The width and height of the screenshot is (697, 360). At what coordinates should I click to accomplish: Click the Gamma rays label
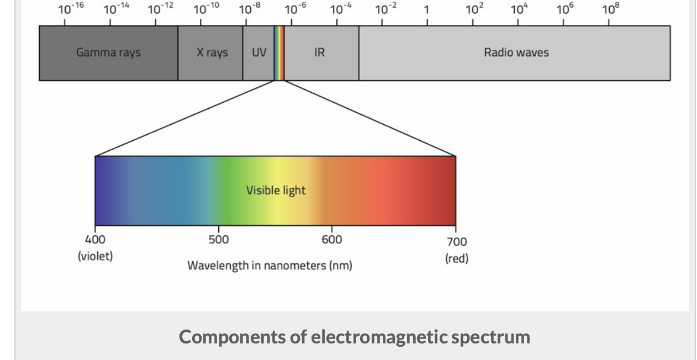tap(108, 52)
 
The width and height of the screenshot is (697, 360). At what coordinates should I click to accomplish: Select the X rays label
tap(212, 52)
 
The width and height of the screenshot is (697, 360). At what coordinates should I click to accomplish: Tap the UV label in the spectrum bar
tap(258, 52)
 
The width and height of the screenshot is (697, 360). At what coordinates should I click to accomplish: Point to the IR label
tap(319, 52)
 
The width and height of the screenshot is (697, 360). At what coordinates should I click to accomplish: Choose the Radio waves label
tap(516, 52)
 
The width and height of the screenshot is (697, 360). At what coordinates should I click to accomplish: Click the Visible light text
tap(276, 190)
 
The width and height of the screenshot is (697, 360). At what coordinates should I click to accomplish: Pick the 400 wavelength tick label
tap(95, 240)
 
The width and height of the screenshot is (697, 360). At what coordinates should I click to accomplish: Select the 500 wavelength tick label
tap(219, 240)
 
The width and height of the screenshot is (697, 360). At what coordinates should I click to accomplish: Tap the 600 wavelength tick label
tap(332, 240)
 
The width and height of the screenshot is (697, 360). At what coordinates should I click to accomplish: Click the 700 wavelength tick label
tap(456, 241)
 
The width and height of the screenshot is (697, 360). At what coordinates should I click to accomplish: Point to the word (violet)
tap(95, 256)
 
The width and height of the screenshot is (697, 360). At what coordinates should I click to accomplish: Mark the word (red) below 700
tap(457, 258)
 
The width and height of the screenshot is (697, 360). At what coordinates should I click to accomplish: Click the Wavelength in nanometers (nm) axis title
tap(270, 266)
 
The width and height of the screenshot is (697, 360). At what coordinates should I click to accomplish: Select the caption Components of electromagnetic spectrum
tap(354, 336)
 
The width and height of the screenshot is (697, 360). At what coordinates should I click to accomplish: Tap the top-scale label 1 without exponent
tap(427, 10)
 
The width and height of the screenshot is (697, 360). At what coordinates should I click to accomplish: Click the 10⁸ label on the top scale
tap(610, 9)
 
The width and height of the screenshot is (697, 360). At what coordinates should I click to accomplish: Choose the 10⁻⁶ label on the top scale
tap(295, 9)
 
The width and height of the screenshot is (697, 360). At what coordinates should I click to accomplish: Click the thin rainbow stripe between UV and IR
tap(279, 52)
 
